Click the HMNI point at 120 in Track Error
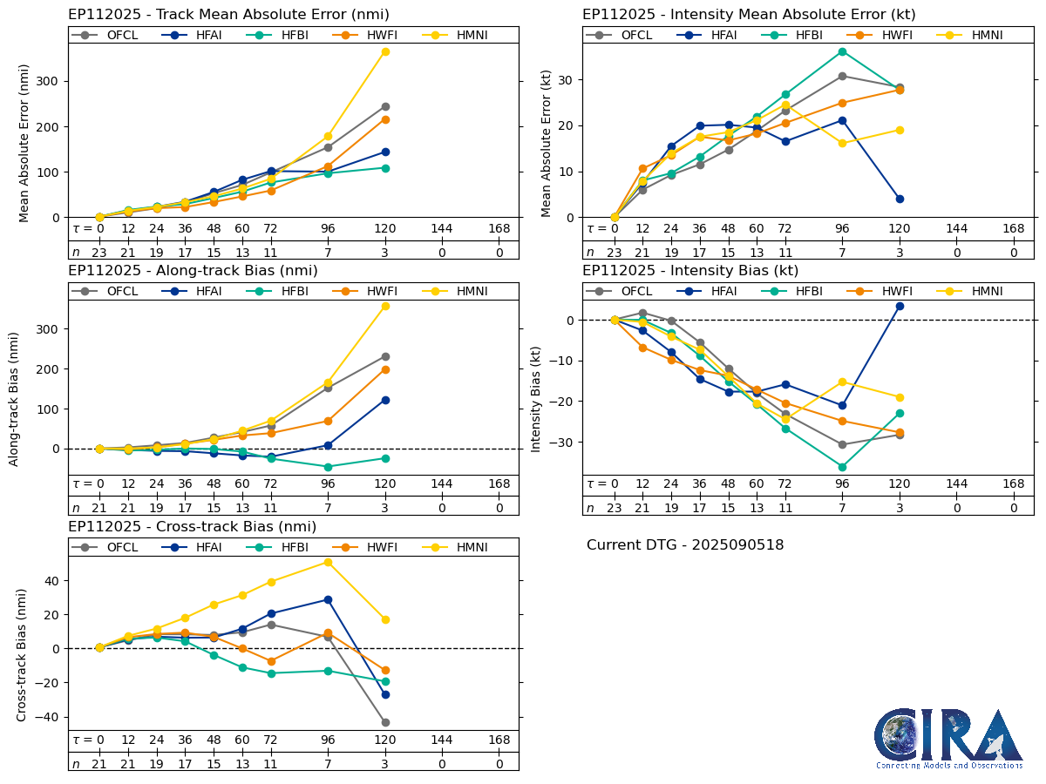(385, 51)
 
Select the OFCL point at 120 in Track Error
(385, 106)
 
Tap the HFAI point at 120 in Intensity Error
(900, 199)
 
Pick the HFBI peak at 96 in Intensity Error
(842, 51)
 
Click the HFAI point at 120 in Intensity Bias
(900, 306)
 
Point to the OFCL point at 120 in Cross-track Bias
(385, 722)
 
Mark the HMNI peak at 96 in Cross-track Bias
(328, 562)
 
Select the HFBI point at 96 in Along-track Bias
(328, 467)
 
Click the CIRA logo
(949, 739)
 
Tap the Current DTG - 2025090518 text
(685, 545)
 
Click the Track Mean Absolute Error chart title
(228, 15)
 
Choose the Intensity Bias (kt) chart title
(690, 271)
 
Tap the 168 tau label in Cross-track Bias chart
(499, 740)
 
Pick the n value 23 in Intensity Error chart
(614, 253)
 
